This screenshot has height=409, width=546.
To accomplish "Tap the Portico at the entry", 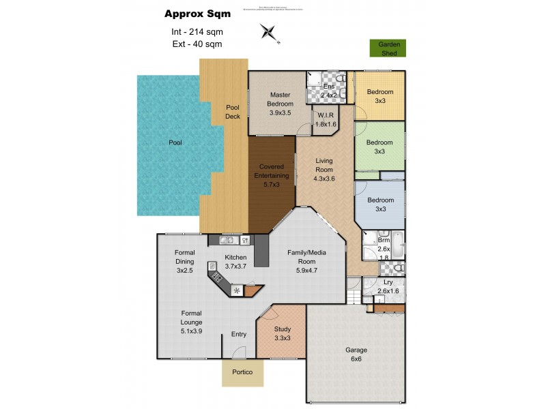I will (242, 372).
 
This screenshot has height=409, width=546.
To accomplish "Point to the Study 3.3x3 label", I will (283, 333).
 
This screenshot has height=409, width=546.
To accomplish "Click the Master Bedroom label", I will (280, 104).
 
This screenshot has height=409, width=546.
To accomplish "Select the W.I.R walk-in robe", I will (324, 120).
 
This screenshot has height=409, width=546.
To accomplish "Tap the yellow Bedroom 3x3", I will (379, 96).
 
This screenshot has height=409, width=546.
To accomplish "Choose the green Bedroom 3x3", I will (379, 147).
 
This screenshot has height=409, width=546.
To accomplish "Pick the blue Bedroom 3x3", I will (379, 204).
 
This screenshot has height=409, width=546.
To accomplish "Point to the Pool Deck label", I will (233, 111).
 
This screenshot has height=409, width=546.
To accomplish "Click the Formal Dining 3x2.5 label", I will (184, 261).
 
